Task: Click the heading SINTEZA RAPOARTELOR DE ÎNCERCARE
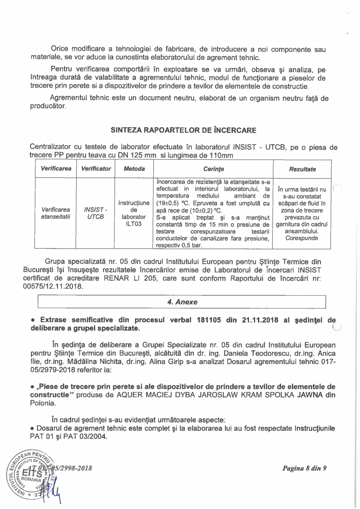tap(184, 130)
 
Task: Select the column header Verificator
tap(96, 169)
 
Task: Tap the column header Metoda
tap(134, 169)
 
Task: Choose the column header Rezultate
tap(302, 169)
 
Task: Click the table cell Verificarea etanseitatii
tap(55, 213)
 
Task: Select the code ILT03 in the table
tap(134, 224)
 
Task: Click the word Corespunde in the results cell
tap(302, 238)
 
